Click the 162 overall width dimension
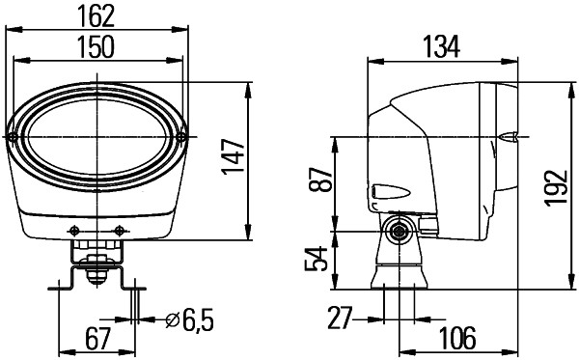(x=97, y=14)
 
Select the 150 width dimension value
(x=97, y=45)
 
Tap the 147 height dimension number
(x=231, y=154)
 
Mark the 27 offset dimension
(x=338, y=316)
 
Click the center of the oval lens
(x=97, y=136)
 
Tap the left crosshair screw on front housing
(x=73, y=229)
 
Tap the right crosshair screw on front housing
(x=119, y=229)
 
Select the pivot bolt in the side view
(x=396, y=230)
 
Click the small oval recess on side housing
(x=383, y=189)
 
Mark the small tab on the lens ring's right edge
(x=182, y=137)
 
